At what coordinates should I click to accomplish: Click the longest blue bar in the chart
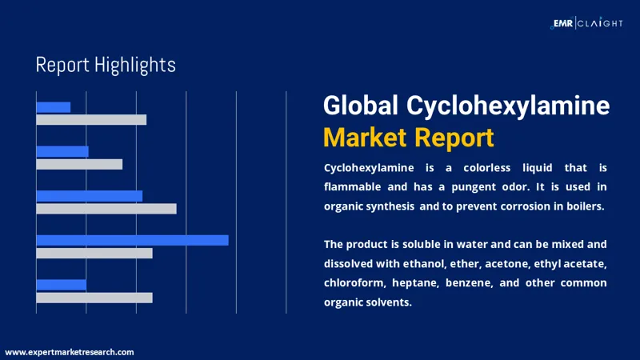click(132, 240)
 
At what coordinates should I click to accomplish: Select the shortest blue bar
click(53, 107)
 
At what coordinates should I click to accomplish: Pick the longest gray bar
click(106, 209)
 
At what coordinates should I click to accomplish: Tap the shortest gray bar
click(79, 164)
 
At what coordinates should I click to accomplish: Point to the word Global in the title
click(361, 106)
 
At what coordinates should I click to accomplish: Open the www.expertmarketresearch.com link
click(70, 352)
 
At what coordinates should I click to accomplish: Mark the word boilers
click(583, 206)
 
